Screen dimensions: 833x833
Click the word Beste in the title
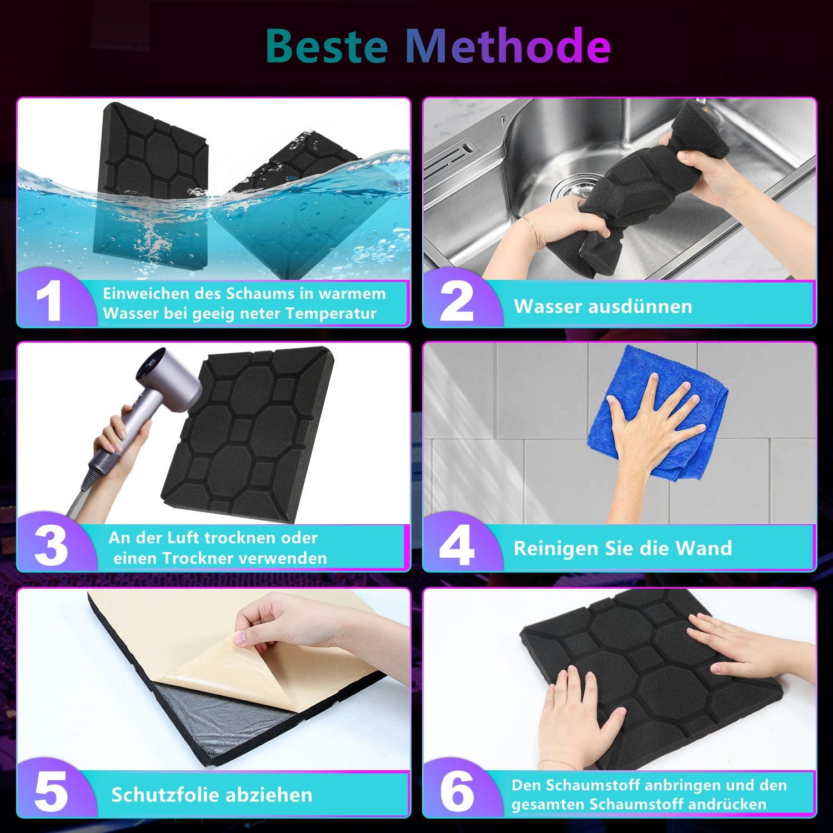pos(327,45)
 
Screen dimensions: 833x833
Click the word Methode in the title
pos(508,45)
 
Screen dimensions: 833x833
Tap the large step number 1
pos(49,302)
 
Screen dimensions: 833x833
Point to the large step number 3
pos(51,546)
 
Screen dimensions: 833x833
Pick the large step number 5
pos(51,792)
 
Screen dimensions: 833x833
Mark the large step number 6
pos(457,792)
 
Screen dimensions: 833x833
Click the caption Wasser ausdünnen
pos(603,306)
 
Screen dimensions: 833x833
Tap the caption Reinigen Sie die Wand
pos(623,548)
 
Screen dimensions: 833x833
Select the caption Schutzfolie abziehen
pos(212,795)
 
